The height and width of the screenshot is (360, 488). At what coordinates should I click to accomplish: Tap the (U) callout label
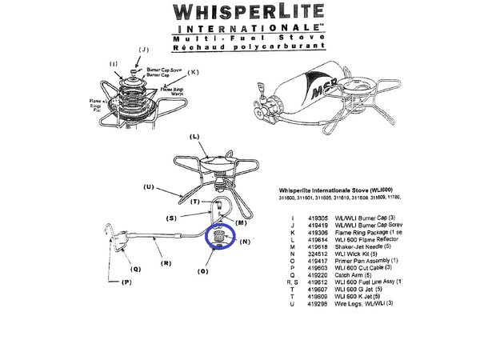148,187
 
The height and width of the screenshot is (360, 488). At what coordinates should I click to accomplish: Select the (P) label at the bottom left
126,283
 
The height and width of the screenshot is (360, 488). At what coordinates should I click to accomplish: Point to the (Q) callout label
136,269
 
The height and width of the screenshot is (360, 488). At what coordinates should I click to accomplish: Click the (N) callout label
245,240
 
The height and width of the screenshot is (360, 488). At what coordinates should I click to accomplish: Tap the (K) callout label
193,73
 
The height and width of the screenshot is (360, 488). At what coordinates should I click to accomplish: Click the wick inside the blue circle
218,238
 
